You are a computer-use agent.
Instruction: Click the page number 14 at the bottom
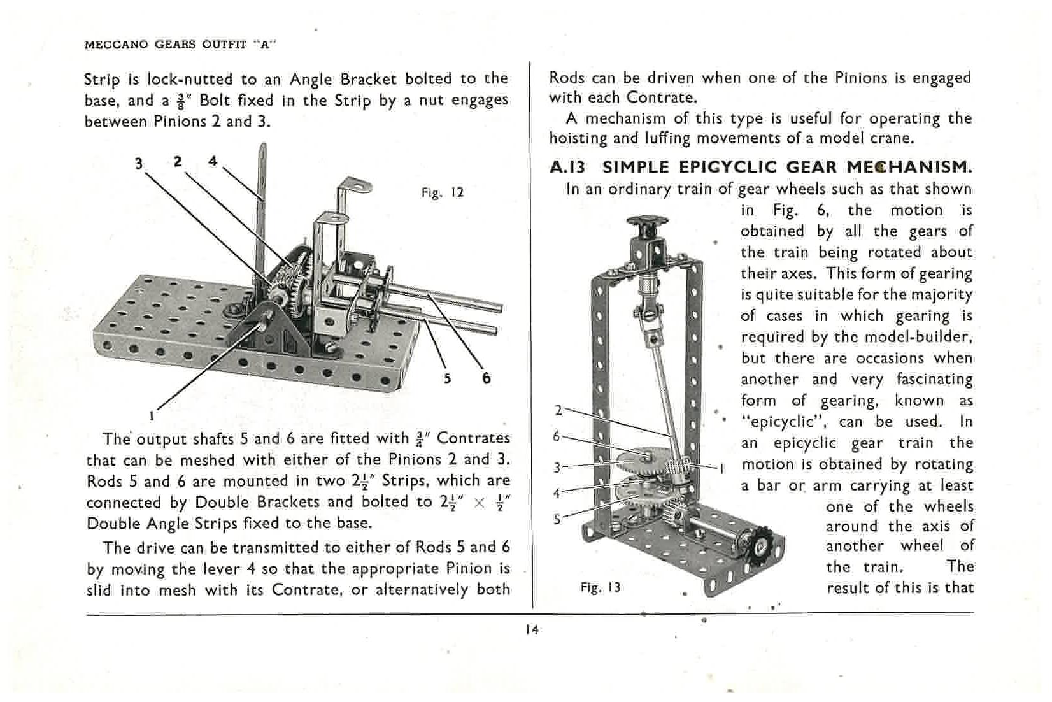pos(532,630)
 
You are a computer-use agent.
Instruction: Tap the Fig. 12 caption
pos(443,192)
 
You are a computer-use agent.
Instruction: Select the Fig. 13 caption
pos(600,587)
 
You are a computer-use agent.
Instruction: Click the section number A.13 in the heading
pos(567,168)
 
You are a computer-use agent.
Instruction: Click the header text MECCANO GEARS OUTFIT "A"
pos(181,45)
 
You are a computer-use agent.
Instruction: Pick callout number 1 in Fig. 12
pos(152,416)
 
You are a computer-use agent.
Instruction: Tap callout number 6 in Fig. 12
pos(487,378)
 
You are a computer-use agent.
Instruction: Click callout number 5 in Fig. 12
pos(447,378)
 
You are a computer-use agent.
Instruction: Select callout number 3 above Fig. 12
pos(139,164)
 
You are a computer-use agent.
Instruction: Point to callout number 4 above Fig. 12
pos(213,161)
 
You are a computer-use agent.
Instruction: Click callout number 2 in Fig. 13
pos(558,410)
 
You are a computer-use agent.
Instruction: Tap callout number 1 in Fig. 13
pos(722,469)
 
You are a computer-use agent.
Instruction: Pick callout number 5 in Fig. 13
pos(557,519)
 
